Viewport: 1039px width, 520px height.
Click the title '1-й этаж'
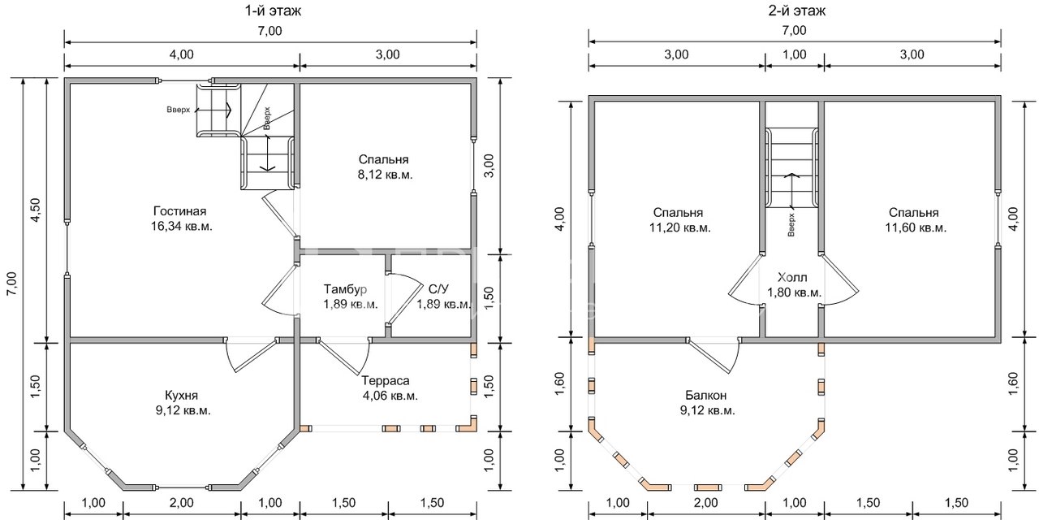(x=273, y=11)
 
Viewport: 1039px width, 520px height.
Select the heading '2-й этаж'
(x=797, y=11)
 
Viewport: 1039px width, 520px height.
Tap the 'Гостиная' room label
(x=179, y=211)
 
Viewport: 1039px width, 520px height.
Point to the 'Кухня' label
(x=181, y=396)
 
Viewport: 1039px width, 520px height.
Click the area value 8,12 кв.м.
(x=385, y=175)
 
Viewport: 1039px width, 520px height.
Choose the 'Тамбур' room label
(x=345, y=289)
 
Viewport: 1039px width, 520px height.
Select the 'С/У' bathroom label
(x=438, y=289)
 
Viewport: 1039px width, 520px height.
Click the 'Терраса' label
(x=386, y=381)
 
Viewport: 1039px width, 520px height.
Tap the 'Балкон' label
(x=706, y=396)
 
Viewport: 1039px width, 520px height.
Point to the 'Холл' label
(x=792, y=278)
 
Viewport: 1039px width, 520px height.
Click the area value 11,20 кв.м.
(x=680, y=228)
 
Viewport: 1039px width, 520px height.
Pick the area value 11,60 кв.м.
(x=916, y=228)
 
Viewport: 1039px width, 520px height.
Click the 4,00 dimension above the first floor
(x=181, y=54)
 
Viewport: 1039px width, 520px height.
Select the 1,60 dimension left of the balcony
(x=560, y=384)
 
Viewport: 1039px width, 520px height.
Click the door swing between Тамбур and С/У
(x=403, y=299)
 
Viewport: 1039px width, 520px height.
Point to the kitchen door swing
(x=251, y=355)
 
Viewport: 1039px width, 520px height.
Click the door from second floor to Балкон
(x=714, y=355)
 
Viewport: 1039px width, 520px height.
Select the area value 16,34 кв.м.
(x=181, y=227)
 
